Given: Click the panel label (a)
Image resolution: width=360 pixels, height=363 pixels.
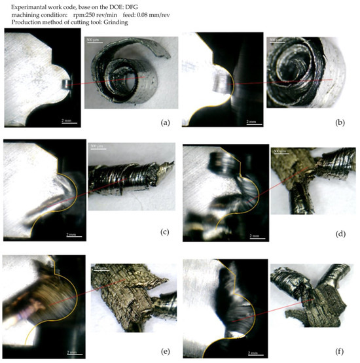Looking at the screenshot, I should coord(166,122).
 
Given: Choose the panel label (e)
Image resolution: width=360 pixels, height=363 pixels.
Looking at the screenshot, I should coord(166,352).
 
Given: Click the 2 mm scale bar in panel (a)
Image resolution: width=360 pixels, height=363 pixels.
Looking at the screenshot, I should coord(67,120).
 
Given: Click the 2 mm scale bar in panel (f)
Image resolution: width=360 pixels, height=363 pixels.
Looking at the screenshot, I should coord(250,351).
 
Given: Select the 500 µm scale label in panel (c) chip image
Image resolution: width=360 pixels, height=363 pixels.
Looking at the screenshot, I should coord(97,146).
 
